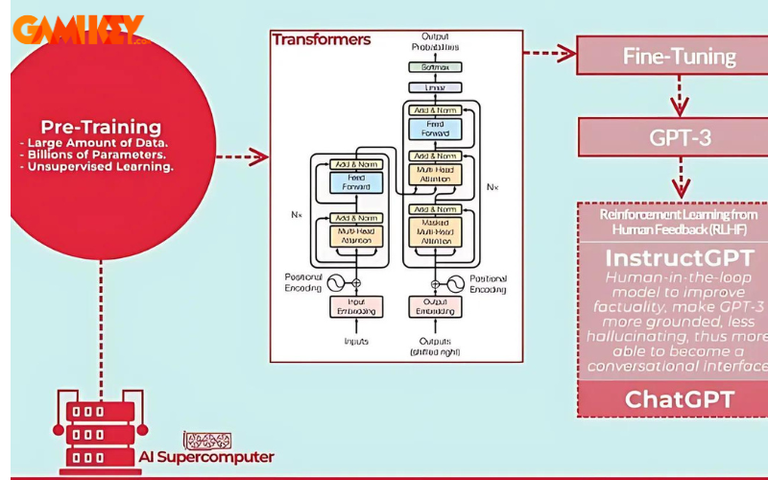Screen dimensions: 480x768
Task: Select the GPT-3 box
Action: pos(680,137)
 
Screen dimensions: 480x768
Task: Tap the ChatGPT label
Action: pos(680,398)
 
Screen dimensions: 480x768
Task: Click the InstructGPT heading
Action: pos(680,258)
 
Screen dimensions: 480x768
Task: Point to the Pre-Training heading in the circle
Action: pos(101,127)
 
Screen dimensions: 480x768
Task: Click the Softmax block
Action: pos(435,67)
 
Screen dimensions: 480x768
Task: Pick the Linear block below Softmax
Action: pos(435,87)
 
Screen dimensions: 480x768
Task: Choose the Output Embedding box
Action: pos(435,306)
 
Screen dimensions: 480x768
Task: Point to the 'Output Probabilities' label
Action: pos(435,41)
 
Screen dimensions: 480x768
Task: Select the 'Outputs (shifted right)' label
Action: pos(435,347)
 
